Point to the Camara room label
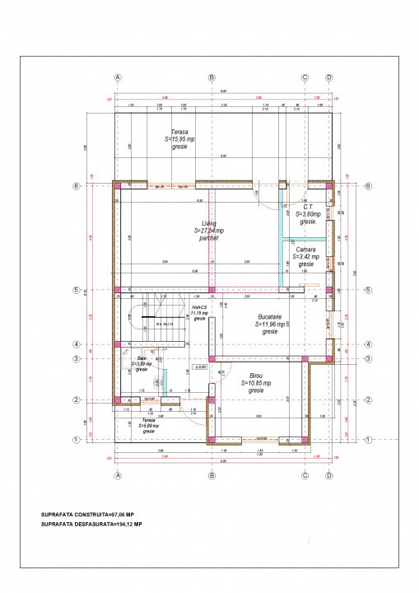tap(305, 256)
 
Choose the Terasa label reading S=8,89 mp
tap(148, 424)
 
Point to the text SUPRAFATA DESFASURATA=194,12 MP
tap(91, 523)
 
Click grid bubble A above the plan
tap(118, 77)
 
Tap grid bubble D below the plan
tap(328, 475)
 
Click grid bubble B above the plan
tap(212, 77)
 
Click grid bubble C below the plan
tap(305, 475)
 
